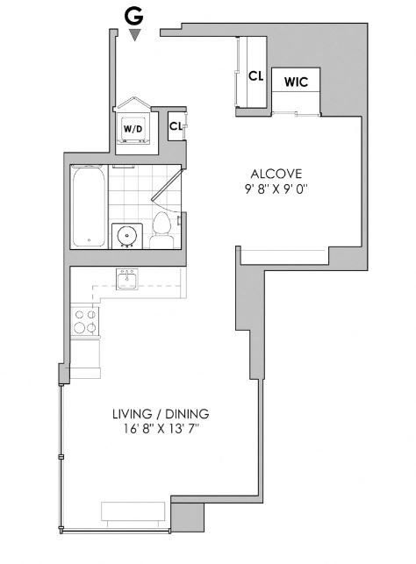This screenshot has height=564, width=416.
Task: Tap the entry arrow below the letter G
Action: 133,34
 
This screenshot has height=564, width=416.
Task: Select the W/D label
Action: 133,129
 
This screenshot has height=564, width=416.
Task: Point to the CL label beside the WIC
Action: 255,75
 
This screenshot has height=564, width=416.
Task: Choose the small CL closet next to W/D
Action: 176,125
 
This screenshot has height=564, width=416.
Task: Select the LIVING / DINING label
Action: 160,413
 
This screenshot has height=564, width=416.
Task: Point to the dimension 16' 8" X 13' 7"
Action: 160,429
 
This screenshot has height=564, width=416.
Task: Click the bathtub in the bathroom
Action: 88,207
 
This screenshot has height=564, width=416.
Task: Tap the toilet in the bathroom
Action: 161,229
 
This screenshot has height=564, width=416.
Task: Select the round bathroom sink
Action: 126,235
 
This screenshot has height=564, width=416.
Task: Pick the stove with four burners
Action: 84,321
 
